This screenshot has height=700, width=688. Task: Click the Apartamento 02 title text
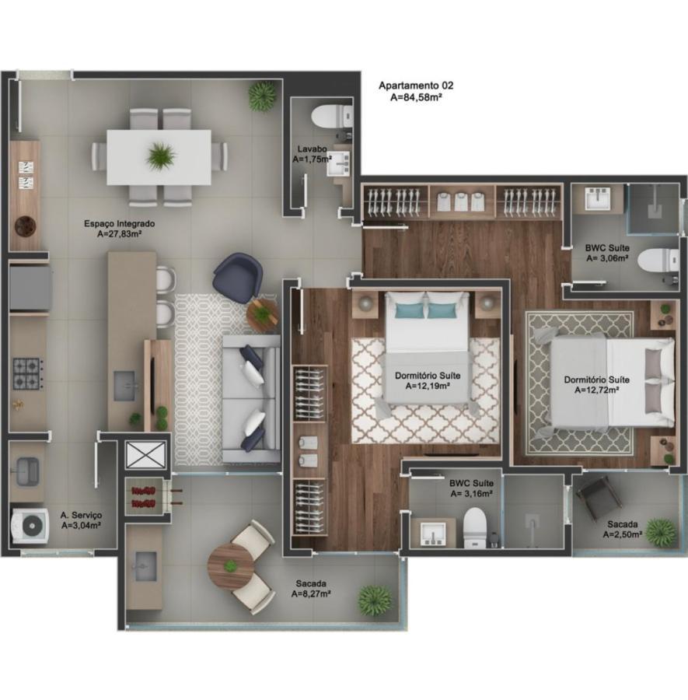pos(415,86)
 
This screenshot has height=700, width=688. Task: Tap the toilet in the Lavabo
pos(330,117)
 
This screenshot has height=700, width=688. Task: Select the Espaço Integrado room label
pos(120,223)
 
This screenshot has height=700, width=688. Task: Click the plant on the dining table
pos(160,156)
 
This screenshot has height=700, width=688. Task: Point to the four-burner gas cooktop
pos(27,373)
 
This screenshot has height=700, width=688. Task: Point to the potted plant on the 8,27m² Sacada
pos(375,600)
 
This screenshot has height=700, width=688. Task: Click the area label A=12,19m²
pos(426,385)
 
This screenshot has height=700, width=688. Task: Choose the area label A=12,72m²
pos(597,390)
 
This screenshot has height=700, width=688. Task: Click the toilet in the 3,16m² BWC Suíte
pos(475,529)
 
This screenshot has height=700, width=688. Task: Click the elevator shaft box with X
pos(145,455)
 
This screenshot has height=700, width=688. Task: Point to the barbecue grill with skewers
pos(145,496)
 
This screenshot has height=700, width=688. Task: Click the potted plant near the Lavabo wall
pos(262,96)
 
